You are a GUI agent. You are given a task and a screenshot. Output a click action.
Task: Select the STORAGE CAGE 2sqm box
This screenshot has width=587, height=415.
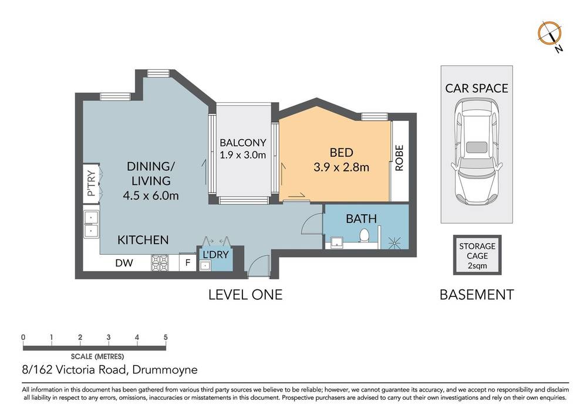point(477,255)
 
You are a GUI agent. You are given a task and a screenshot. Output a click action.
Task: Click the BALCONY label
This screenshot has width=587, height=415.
point(242,143)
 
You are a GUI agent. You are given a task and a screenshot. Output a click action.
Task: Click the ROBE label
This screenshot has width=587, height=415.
point(399,158)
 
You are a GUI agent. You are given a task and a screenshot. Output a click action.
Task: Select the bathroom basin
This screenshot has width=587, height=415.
point(337,242)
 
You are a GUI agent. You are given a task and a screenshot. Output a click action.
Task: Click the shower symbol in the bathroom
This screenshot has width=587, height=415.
point(394,242)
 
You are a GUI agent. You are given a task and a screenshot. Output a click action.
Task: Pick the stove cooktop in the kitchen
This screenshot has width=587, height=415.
point(160,263)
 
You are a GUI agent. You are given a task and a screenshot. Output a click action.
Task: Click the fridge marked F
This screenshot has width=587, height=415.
point(188,263)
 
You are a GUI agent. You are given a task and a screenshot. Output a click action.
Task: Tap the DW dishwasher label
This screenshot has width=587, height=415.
point(124,263)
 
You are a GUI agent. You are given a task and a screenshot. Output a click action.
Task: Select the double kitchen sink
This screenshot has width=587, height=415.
point(91,224)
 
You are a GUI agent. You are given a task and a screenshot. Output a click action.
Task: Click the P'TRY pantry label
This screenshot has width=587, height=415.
point(91,183)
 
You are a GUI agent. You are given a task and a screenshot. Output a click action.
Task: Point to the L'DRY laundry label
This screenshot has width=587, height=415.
point(215,255)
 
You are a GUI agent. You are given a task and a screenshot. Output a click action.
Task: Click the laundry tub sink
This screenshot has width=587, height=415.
point(205,266)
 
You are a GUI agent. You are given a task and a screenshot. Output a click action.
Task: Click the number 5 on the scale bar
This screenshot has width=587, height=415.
point(166,337)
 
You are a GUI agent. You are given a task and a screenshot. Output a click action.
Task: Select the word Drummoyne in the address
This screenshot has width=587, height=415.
point(165,370)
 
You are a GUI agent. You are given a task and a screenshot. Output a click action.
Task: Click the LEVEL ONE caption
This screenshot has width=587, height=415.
point(245,295)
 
